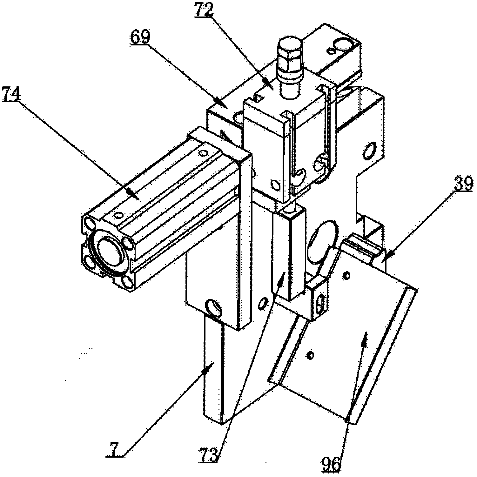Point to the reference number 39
tap(463, 184)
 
